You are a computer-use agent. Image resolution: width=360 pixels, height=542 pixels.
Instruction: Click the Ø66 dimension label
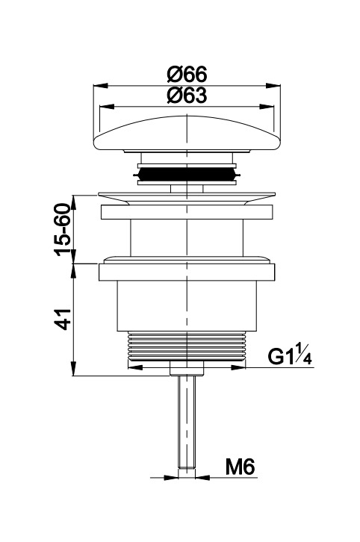pos(187,74)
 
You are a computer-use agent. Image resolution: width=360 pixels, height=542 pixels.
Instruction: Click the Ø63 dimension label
pos(187,95)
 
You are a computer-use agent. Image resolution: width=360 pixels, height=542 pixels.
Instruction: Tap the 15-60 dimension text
pos(63,229)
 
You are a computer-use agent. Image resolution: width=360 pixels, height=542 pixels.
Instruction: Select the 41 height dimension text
pos(63,320)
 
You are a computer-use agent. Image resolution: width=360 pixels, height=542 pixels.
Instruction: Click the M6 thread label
pos(240,467)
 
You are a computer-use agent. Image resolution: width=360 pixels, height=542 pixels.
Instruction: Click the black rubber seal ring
pos(187,174)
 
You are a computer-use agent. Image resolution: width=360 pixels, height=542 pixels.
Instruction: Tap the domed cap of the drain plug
pos(187,133)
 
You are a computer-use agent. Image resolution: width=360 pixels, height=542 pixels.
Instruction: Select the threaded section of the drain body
pos(187,345)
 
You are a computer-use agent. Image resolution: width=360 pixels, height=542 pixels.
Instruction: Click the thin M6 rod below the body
pos(187,422)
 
